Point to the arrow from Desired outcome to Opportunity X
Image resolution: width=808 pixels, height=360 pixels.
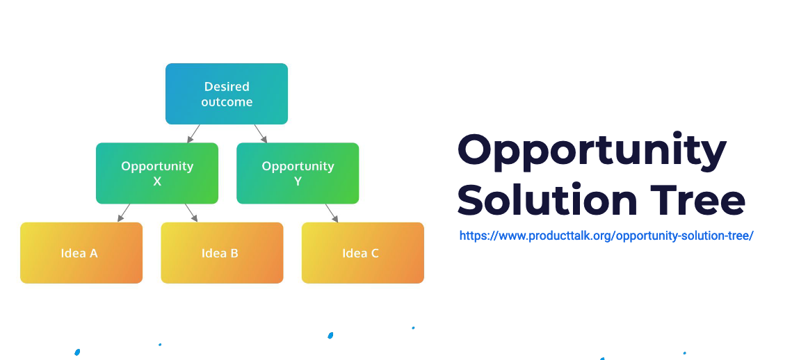[193, 133]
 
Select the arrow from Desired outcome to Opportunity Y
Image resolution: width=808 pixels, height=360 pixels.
[261, 133]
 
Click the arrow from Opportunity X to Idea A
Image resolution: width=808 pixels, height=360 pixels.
[124, 213]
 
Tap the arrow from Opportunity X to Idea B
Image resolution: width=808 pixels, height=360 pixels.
[191, 213]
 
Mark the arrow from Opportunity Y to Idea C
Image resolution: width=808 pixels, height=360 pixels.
[332, 213]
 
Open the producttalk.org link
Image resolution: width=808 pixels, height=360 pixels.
[606, 236]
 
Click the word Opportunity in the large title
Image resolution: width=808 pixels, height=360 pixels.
[592, 151]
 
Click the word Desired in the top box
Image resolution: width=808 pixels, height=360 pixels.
[227, 87]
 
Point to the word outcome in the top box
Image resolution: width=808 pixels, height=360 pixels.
[227, 102]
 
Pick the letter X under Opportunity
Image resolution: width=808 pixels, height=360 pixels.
[157, 181]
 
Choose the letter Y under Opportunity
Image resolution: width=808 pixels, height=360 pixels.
[298, 181]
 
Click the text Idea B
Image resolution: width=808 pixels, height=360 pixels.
[220, 253]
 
